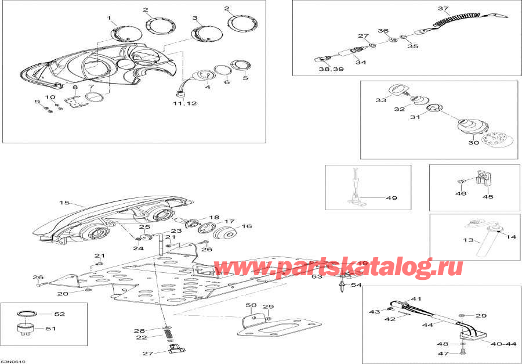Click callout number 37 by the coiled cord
(443, 9)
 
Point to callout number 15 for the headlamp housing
(64, 203)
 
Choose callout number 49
(391, 198)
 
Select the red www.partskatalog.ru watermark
(339, 266)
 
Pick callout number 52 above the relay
(59, 314)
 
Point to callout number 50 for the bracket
(251, 305)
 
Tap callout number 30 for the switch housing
(473, 142)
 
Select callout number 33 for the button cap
(380, 100)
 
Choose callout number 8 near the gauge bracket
(74, 88)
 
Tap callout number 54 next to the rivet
(356, 285)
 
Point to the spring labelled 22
(166, 335)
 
